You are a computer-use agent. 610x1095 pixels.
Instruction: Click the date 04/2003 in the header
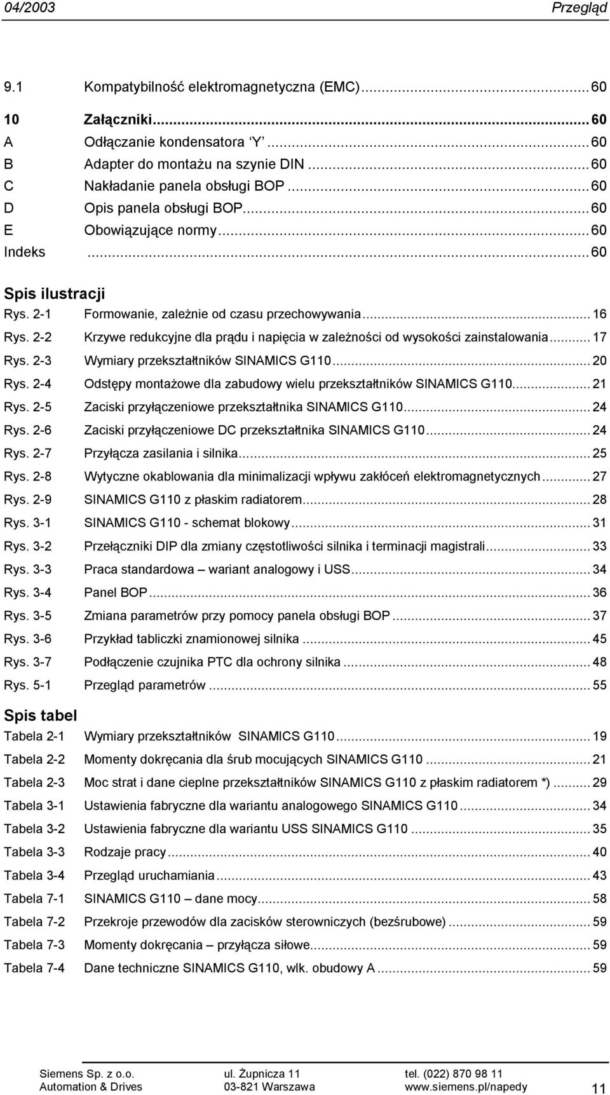[29, 8]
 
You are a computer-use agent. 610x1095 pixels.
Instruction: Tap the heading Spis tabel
[41, 715]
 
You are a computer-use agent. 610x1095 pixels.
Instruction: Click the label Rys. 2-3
[28, 361]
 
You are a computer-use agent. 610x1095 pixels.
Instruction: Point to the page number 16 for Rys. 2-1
[599, 315]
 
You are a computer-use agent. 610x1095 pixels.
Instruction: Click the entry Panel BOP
[116, 592]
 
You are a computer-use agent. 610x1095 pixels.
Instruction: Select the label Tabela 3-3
[34, 852]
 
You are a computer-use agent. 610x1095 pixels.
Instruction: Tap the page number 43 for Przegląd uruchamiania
[599, 875]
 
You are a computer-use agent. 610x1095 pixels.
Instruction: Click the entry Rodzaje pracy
[125, 852]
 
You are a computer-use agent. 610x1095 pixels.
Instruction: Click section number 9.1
[13, 88]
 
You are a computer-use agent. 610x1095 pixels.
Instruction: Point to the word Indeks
[25, 252]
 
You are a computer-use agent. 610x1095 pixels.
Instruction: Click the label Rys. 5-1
[28, 685]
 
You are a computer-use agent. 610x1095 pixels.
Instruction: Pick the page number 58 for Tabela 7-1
[599, 899]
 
